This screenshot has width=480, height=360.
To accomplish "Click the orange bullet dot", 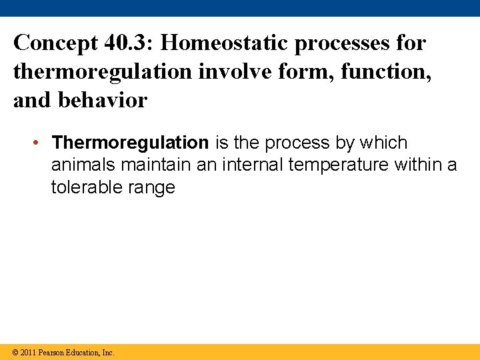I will (41, 143).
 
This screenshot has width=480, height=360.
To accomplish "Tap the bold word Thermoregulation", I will (130, 143).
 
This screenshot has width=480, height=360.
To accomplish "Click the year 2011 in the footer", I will (29, 352).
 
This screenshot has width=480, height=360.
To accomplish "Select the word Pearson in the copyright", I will (52, 352).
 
